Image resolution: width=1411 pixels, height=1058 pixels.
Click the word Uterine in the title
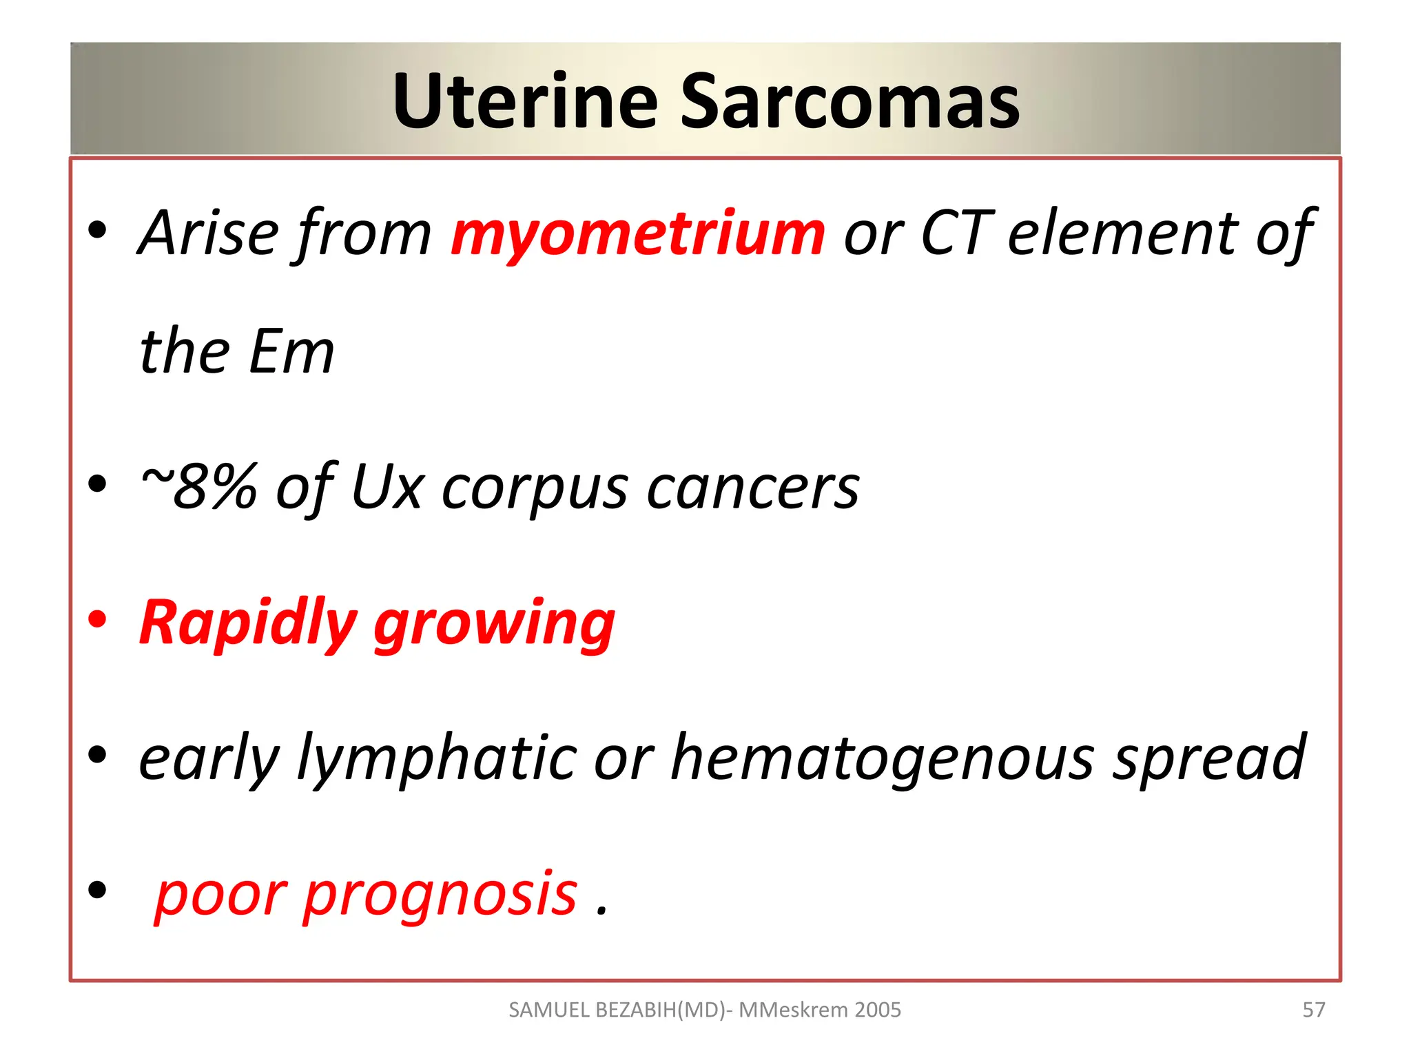(x=525, y=101)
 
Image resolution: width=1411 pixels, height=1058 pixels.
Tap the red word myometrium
(x=637, y=234)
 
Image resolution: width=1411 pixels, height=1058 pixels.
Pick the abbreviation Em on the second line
(x=291, y=352)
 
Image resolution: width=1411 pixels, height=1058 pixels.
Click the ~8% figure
(x=198, y=486)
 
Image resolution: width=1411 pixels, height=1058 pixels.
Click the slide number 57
(x=1313, y=1010)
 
